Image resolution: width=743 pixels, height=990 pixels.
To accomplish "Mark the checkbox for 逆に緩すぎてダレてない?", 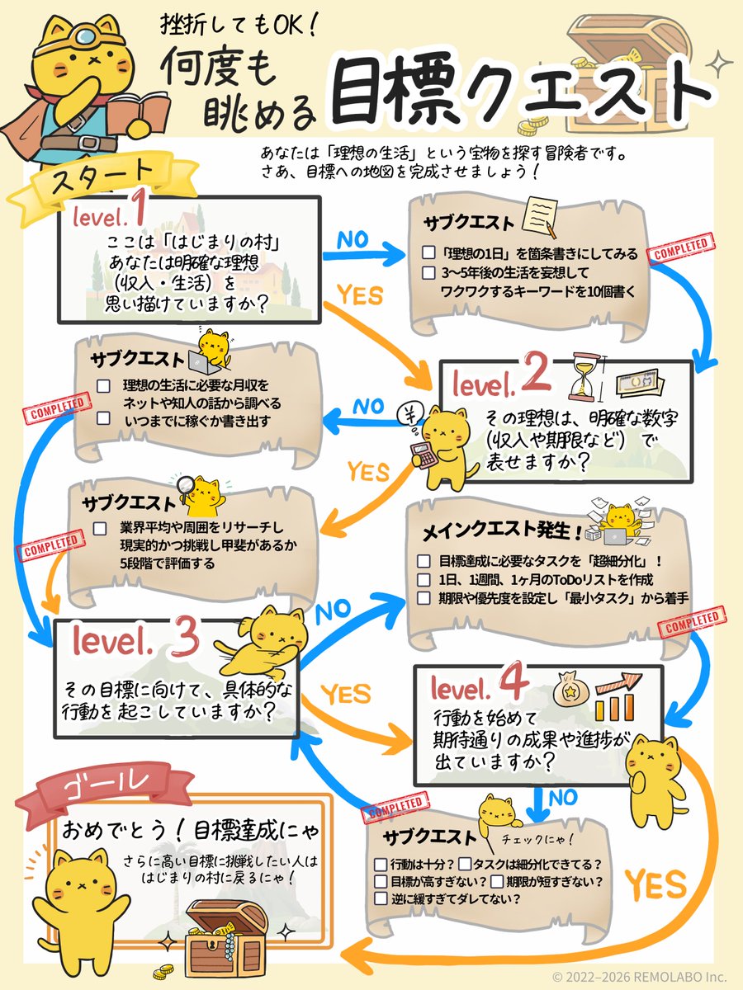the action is coord(381,898).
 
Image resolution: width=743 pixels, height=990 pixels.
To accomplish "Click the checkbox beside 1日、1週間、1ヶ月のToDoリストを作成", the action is coord(424,580).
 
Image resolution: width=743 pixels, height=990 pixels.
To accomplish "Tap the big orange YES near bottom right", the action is coord(655,884).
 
